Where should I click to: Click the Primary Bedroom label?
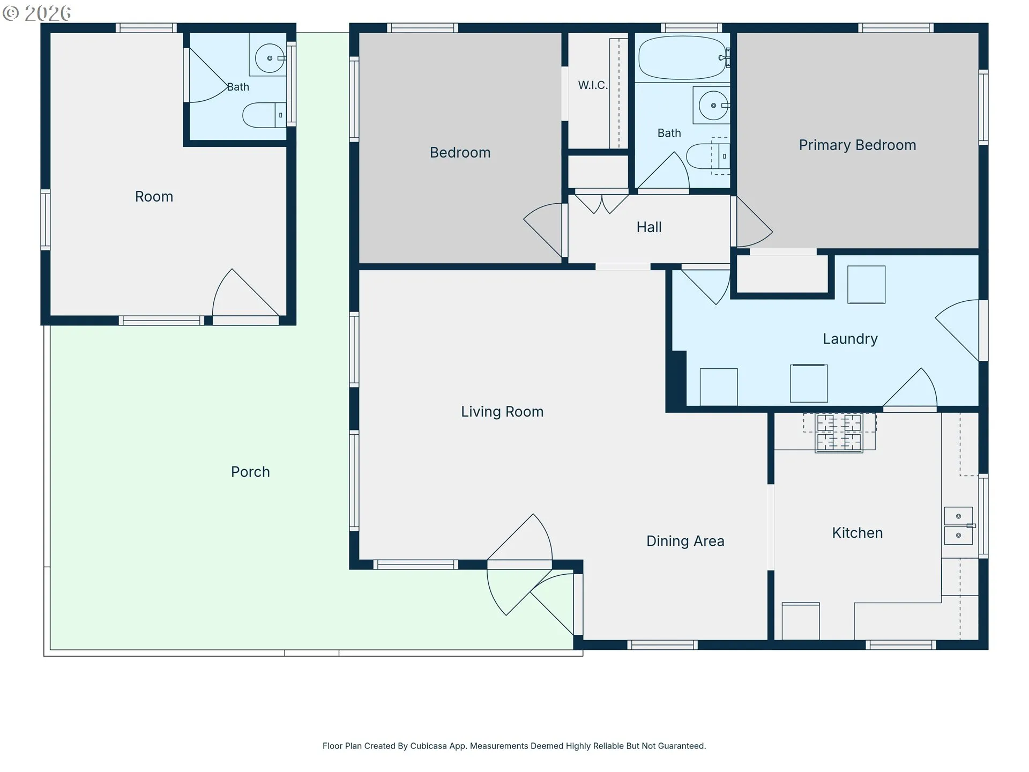[857, 145]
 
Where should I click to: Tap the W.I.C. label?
[593, 85]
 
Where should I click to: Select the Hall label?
[649, 227]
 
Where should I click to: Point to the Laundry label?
[850, 339]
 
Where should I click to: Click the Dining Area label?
[685, 541]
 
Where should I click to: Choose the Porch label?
[250, 472]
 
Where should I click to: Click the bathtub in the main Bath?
[683, 58]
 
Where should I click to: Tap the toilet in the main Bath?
[708, 156]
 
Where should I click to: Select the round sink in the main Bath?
[713, 105]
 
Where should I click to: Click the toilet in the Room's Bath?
[264, 115]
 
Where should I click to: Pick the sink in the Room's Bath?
[270, 58]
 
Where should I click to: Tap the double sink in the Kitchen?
[958, 525]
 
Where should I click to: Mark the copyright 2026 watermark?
[37, 13]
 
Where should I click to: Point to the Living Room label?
[502, 412]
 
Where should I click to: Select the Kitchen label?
[857, 533]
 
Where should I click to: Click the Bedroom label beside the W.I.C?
[460, 153]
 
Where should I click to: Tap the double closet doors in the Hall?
[602, 204]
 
